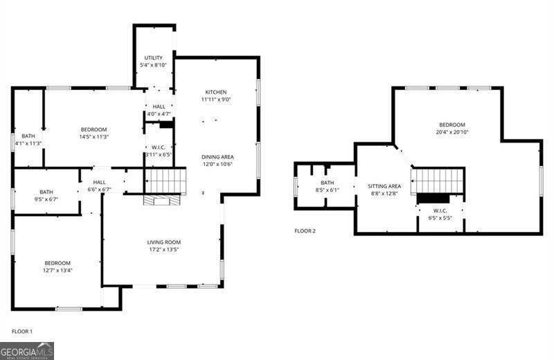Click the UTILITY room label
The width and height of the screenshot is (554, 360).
[154, 57]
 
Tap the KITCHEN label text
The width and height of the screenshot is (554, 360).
[215, 92]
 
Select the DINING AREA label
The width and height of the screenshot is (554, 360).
[217, 157]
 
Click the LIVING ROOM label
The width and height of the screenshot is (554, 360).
[163, 242]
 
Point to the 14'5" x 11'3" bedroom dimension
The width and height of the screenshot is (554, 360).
[93, 137]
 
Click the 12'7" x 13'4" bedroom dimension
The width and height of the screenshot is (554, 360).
[57, 271]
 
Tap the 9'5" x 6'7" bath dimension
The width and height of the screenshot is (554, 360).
[46, 199]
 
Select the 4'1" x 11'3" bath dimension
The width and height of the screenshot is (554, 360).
[28, 144]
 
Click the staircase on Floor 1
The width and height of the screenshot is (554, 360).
[166, 181]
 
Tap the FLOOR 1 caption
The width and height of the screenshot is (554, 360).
[21, 332]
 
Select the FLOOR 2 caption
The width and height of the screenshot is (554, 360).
[305, 231]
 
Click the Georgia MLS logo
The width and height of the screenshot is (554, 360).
[27, 350]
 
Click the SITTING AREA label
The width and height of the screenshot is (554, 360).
[384, 186]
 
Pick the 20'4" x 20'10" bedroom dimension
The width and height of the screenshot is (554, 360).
[452, 132]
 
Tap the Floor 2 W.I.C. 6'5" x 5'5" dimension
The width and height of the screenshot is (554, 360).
[440, 218]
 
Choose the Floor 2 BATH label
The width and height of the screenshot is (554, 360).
[327, 183]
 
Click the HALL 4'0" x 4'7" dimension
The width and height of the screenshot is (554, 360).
[159, 114]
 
